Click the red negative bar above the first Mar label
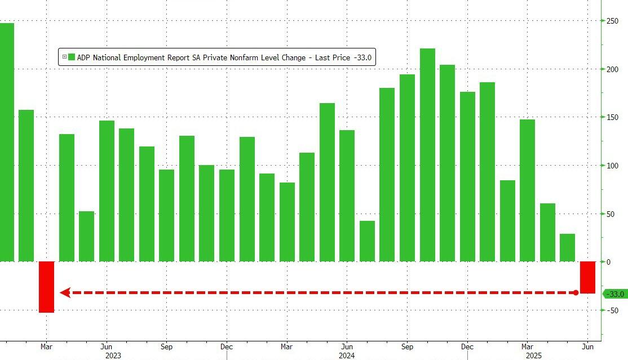coord(46,287)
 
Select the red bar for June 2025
coord(588,277)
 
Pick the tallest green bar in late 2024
coord(427,155)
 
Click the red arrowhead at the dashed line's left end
coord(64,292)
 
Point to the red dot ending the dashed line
coord(576,292)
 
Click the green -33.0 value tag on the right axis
coord(614,294)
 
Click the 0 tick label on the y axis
coord(608,262)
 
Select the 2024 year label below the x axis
coord(347,355)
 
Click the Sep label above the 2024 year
coord(407,346)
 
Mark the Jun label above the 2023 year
coord(106,346)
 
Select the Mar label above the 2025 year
coord(528,346)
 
